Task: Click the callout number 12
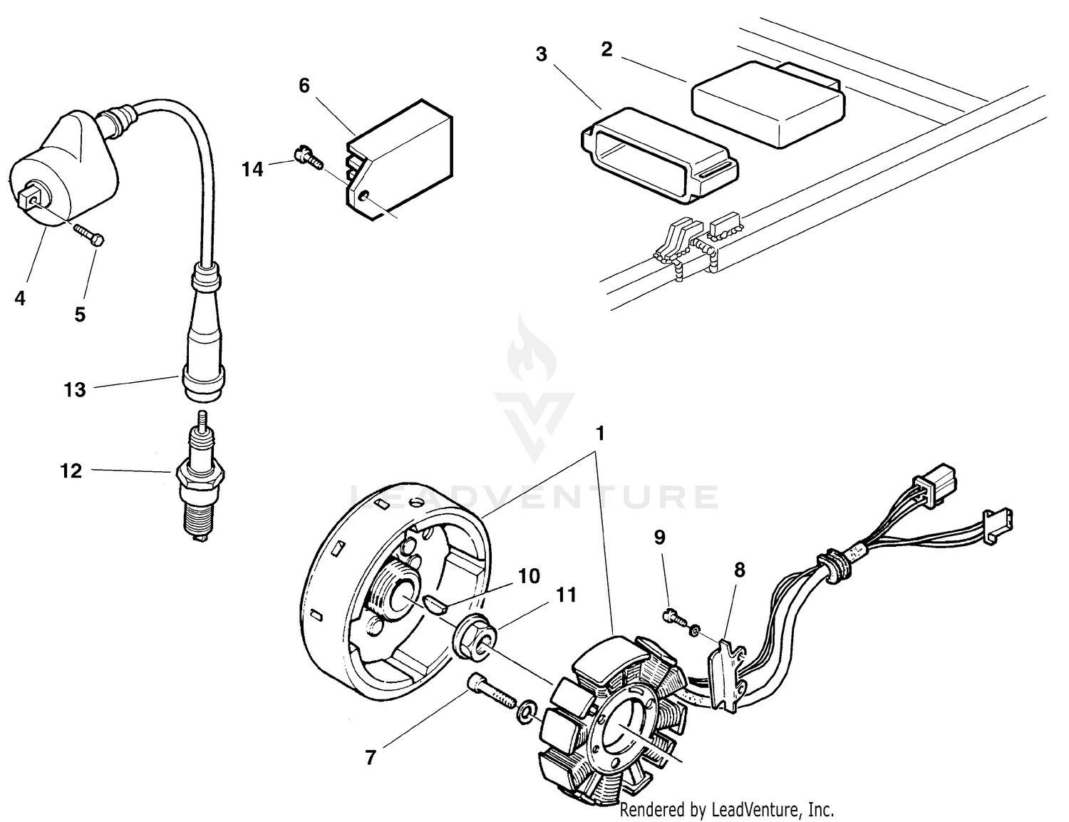point(71,471)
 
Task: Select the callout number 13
point(74,389)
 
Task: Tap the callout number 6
point(304,86)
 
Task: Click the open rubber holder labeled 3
point(659,150)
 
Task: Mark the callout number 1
point(600,433)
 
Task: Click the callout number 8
point(739,570)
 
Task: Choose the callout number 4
point(20,298)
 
